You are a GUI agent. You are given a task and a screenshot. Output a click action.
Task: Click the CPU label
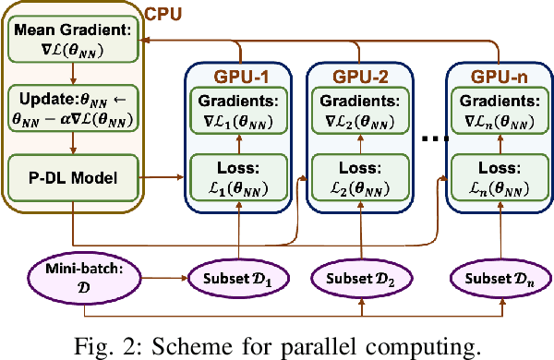pos(167,14)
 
